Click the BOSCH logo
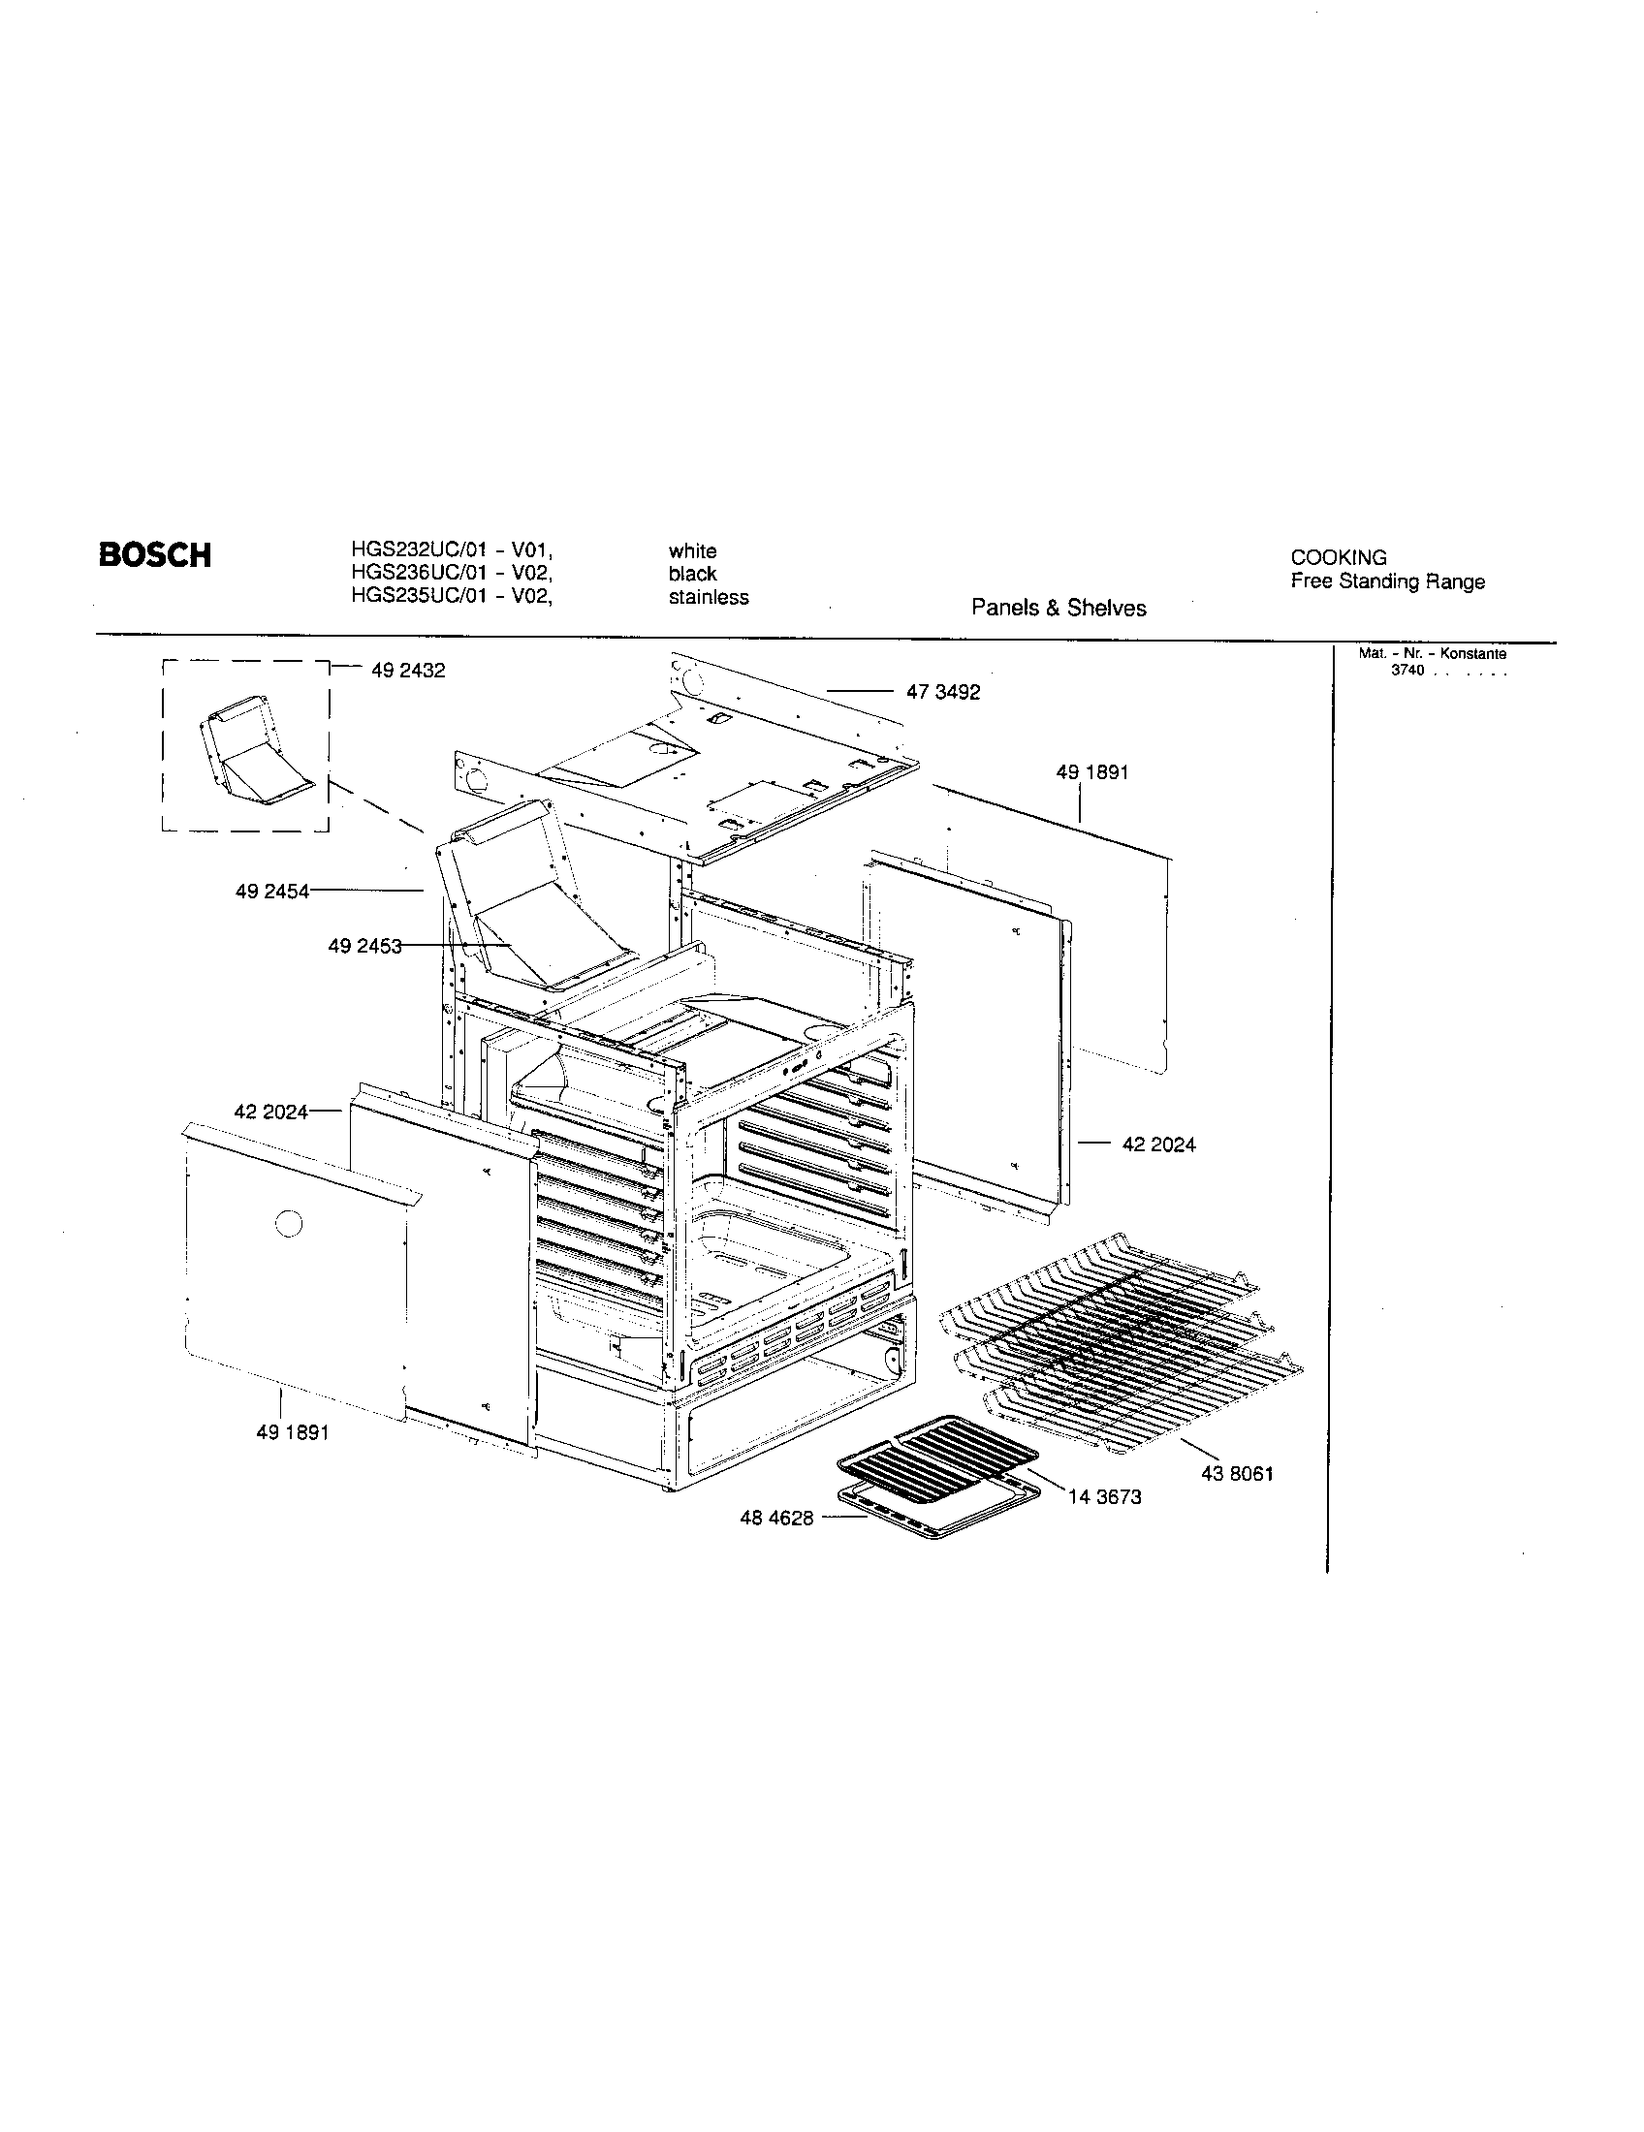click(x=154, y=555)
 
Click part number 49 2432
click(x=408, y=671)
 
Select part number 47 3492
click(x=942, y=692)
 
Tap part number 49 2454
click(x=271, y=892)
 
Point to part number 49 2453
click(x=364, y=946)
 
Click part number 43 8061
click(x=1237, y=1474)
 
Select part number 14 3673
click(x=1104, y=1497)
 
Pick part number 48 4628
click(x=776, y=1519)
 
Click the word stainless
click(x=708, y=597)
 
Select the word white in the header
click(x=692, y=550)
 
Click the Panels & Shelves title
click(x=1059, y=609)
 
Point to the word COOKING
click(x=1338, y=557)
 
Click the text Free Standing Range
click(x=1387, y=581)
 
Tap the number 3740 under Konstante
click(x=1407, y=671)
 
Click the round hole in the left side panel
click(x=289, y=1222)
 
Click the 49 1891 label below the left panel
click(x=292, y=1433)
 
